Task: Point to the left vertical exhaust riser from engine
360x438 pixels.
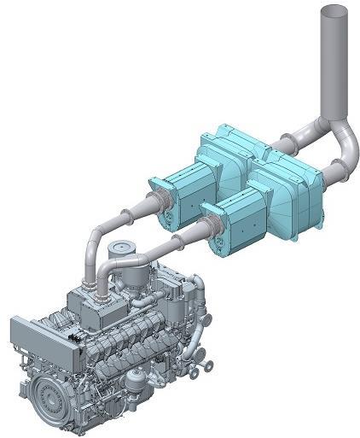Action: [x=90, y=256]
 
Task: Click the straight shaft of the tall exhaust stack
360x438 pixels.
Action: [x=335, y=68]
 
